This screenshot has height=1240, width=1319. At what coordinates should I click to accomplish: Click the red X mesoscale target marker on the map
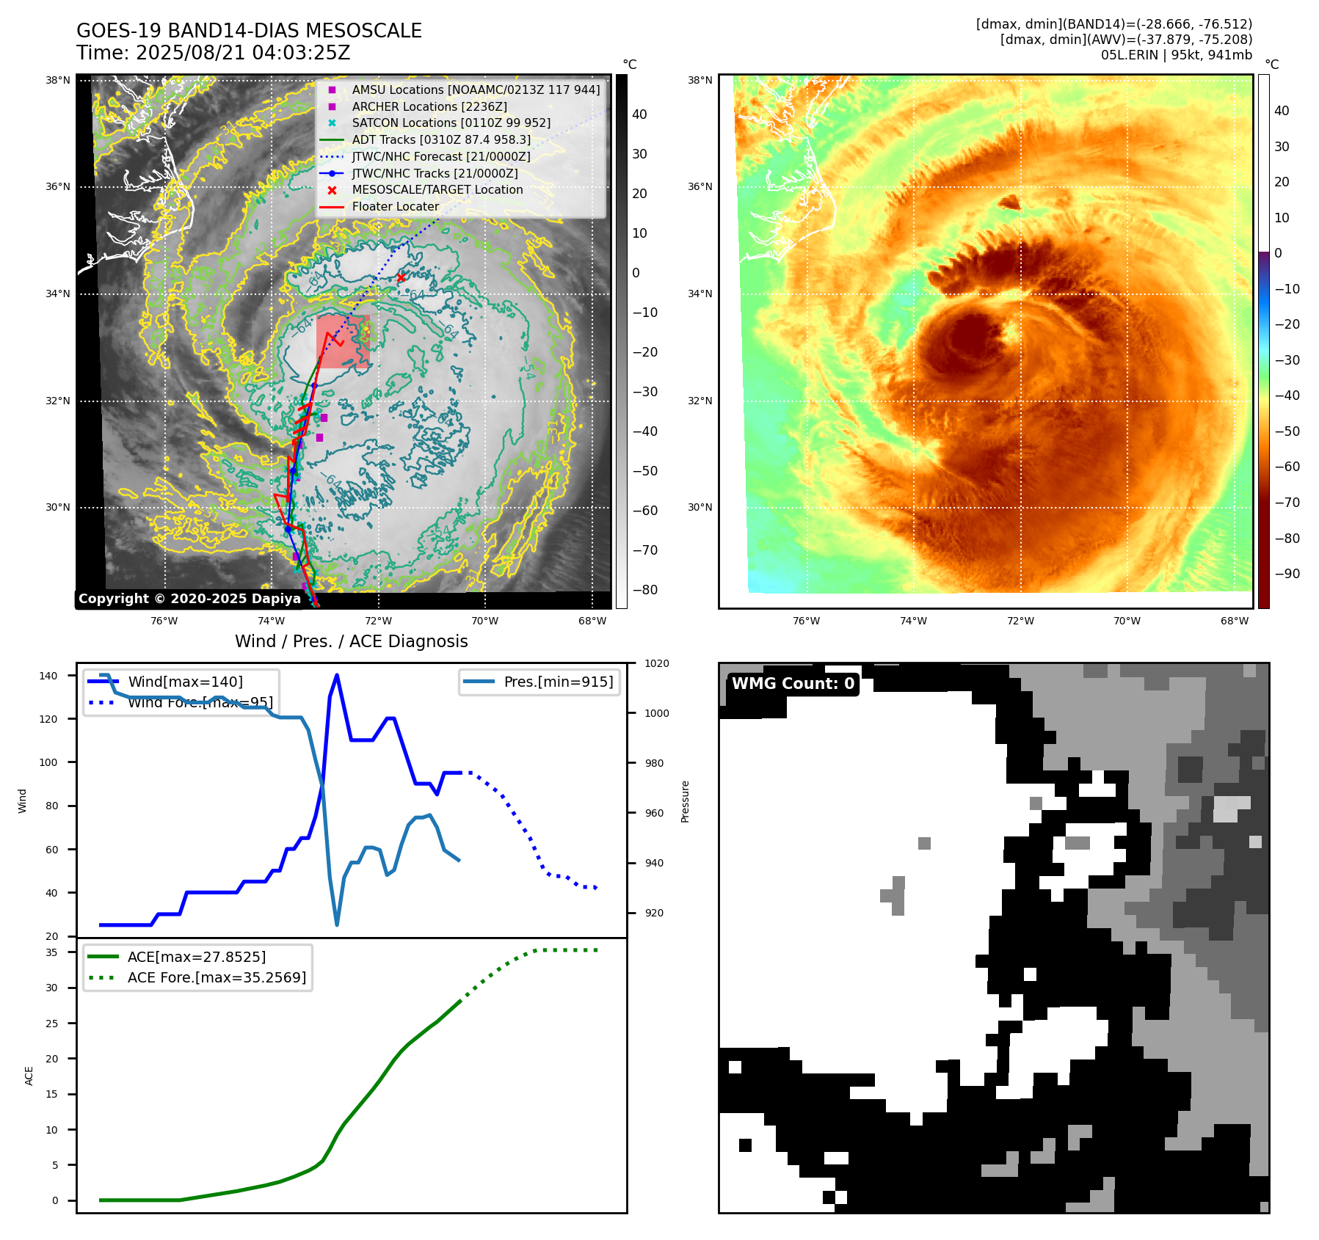401,277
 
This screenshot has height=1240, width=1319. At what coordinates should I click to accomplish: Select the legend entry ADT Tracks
440,139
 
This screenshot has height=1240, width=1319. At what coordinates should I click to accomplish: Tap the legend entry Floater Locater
395,206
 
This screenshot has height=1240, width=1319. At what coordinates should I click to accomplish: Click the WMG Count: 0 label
793,684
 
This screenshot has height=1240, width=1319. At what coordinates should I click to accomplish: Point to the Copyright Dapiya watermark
189,599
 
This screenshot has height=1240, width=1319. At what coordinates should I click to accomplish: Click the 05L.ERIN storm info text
1176,55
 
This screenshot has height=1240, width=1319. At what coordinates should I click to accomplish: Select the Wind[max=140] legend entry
185,682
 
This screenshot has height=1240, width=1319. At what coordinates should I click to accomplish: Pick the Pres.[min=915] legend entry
558,682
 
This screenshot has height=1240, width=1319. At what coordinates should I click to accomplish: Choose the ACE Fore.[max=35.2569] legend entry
217,977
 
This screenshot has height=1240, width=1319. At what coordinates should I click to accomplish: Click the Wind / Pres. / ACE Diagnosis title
351,641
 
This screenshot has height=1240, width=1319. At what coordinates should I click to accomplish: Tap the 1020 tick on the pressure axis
656,663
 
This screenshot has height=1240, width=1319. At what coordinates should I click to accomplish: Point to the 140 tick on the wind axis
48,676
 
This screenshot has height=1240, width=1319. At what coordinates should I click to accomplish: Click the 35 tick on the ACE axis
51,952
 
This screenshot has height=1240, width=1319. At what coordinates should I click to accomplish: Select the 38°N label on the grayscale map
58,80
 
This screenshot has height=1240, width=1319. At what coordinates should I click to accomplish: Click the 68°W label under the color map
1235,621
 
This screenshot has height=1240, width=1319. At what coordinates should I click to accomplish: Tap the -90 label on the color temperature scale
1287,574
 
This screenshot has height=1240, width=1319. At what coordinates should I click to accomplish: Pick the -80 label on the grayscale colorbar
644,590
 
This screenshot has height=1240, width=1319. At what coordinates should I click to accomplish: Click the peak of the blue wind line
336,675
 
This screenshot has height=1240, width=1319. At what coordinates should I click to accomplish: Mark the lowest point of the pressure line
337,924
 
